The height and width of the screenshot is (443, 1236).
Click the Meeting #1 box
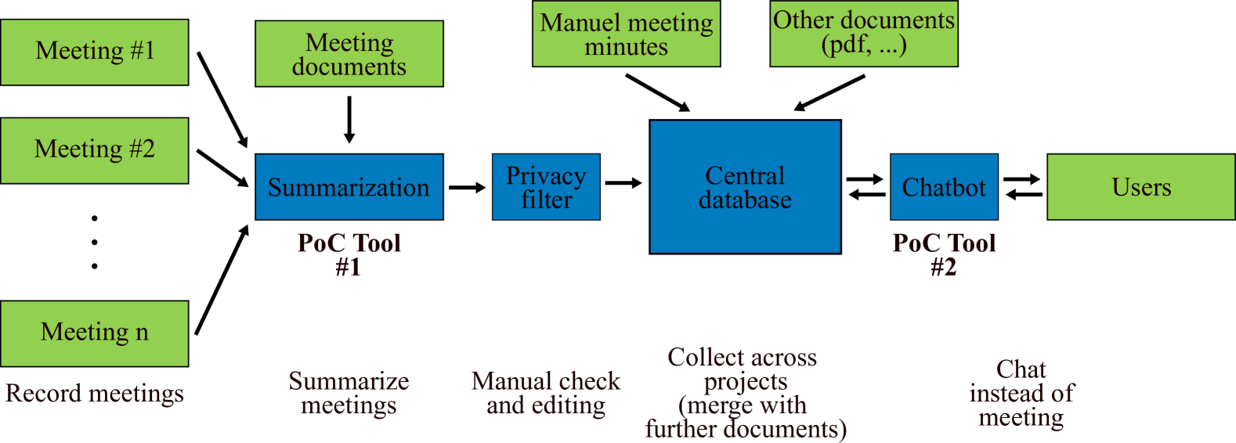click(94, 52)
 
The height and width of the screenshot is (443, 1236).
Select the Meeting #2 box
click(94, 150)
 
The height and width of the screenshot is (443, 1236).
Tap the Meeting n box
click(94, 333)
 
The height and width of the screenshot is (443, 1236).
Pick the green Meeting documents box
click(349, 53)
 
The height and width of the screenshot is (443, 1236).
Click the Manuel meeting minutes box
click(626, 34)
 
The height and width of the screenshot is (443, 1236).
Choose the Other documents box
click(863, 33)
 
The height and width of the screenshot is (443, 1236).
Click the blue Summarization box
click(349, 187)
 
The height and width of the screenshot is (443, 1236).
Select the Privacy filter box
click(546, 187)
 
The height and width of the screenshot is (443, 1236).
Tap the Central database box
click(745, 187)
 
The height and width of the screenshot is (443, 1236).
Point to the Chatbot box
click(944, 187)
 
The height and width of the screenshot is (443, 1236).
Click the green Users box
click(1141, 187)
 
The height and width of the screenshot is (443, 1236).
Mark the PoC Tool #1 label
click(349, 255)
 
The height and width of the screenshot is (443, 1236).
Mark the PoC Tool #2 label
click(944, 255)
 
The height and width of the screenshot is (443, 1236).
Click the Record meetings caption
click(95, 393)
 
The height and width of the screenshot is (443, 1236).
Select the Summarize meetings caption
click(349, 393)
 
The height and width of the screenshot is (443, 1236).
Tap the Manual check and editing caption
click(546, 393)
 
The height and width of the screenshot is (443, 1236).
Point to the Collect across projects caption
click(745, 393)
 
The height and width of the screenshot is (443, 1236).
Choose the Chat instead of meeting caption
click(1021, 393)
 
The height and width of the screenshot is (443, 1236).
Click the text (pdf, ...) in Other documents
click(863, 45)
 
